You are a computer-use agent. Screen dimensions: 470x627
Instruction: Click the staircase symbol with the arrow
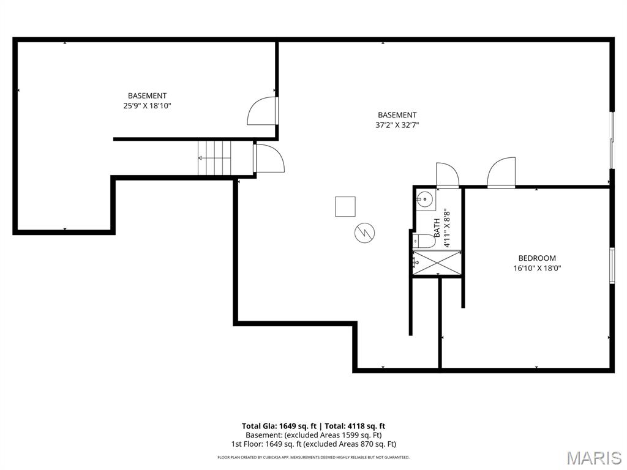click(214, 158)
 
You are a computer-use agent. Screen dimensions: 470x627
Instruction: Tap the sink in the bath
click(424, 200)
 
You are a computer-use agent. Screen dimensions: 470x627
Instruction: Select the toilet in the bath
click(423, 241)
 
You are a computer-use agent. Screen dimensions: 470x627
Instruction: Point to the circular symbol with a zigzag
click(364, 232)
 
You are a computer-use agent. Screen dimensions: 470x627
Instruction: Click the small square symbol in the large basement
click(345, 206)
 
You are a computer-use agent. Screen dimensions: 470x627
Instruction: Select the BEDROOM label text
click(537, 258)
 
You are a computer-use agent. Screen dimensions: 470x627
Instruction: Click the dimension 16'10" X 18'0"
click(537, 268)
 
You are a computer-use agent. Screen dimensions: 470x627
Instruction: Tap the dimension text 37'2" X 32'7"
click(397, 125)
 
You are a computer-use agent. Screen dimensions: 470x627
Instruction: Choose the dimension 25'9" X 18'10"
click(147, 105)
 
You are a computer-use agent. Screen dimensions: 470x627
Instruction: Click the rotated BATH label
click(437, 228)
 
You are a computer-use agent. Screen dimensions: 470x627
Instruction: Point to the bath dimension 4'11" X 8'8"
click(447, 228)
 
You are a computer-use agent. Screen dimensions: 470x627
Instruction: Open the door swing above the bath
click(447, 175)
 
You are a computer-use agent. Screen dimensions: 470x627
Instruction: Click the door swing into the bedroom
click(501, 173)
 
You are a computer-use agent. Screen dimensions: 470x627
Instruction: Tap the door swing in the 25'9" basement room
click(262, 111)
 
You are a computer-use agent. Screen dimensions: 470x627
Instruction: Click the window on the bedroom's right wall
click(611, 266)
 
